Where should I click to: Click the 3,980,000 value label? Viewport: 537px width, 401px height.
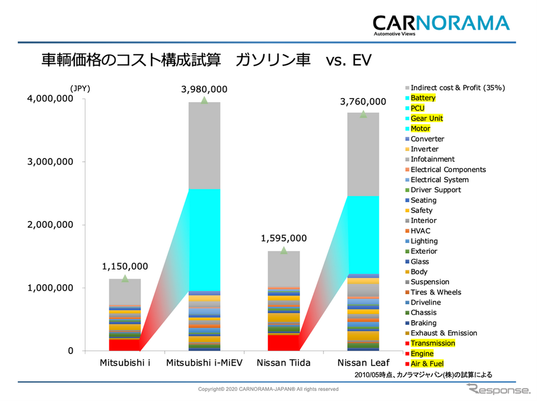click(x=204, y=89)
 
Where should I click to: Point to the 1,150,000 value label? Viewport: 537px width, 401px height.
click(x=124, y=266)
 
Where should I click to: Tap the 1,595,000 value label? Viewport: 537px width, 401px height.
click(x=283, y=238)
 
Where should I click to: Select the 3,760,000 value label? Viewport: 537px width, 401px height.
click(x=363, y=101)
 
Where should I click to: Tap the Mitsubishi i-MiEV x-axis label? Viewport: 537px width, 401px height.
click(x=204, y=363)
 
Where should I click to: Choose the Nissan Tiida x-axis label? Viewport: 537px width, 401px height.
click(x=283, y=363)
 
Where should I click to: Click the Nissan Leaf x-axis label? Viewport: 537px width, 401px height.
click(x=363, y=363)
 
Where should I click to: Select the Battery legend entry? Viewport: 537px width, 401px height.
click(x=423, y=98)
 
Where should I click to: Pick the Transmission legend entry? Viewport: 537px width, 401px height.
click(x=432, y=343)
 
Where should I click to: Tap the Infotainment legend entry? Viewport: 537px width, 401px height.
click(x=432, y=160)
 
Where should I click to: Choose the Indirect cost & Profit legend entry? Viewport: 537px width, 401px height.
click(x=457, y=88)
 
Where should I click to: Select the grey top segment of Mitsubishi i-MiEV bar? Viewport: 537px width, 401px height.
click(x=204, y=146)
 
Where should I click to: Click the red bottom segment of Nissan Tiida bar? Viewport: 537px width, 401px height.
click(x=283, y=343)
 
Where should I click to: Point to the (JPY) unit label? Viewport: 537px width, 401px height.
click(x=80, y=88)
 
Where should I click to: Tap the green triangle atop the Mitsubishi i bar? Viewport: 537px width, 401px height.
click(x=125, y=278)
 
